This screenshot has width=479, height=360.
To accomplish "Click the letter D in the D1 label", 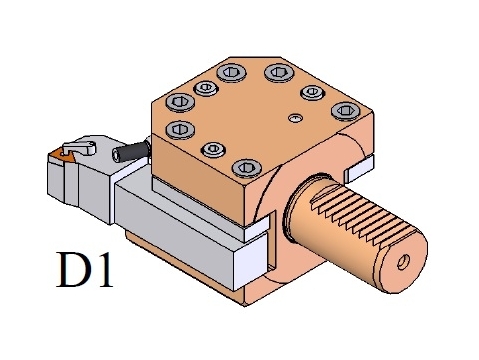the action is [x=74, y=270].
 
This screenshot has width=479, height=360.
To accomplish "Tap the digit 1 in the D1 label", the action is [x=104, y=270].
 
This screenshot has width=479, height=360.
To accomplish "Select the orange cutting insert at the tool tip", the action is [x=60, y=154].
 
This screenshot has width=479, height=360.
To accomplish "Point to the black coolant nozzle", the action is [x=131, y=151].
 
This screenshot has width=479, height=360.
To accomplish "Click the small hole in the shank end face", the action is [x=404, y=262].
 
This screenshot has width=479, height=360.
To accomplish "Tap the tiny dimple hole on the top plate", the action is [x=295, y=118].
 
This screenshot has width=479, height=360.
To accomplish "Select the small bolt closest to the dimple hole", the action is [x=312, y=92].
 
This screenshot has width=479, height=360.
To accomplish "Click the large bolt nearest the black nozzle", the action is [x=180, y=129].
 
